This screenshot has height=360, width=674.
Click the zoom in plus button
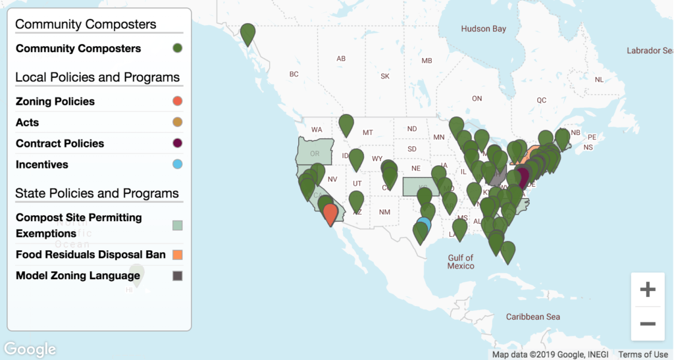[x=648, y=290]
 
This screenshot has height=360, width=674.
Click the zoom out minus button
[x=648, y=324]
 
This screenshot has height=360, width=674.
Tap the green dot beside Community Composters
[x=177, y=49]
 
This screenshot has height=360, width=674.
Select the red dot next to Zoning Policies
[x=177, y=101]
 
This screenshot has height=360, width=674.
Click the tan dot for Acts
[x=177, y=122]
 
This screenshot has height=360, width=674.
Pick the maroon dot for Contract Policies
[x=177, y=143]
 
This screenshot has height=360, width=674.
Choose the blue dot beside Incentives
[x=177, y=165]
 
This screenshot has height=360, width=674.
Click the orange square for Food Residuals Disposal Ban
[x=177, y=255]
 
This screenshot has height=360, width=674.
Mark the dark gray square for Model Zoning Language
[x=177, y=276]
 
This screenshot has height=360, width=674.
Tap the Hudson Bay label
[x=483, y=29]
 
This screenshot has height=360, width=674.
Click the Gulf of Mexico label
[x=461, y=262]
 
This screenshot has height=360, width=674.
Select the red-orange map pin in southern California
[x=330, y=213]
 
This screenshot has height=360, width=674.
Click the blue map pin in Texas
[x=424, y=224]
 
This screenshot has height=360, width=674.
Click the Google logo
[x=30, y=349]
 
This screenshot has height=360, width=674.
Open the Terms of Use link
[x=643, y=355]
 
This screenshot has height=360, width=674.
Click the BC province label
[x=294, y=74]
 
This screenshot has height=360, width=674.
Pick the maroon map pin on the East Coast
[x=522, y=176]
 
